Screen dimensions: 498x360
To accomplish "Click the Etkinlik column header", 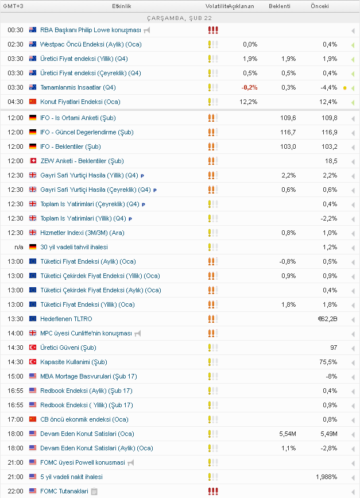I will (x=122, y=6).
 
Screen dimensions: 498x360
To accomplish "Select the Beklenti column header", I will (x=280, y=6).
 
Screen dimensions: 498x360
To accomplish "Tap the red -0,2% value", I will (x=249, y=87).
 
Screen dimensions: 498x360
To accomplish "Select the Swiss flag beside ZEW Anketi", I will (x=33, y=161).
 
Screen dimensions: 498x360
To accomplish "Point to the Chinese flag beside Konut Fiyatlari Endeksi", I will (x=33, y=102).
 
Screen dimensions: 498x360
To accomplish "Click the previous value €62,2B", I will (x=327, y=319).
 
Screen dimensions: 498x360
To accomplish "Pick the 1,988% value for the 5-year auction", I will (x=326, y=477).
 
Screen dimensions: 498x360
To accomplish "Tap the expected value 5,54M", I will (x=287, y=434).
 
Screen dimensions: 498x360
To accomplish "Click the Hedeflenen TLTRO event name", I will (x=66, y=319).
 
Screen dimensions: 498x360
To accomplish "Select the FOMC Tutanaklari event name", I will (x=64, y=491).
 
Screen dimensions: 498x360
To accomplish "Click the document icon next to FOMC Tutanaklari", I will (x=94, y=491).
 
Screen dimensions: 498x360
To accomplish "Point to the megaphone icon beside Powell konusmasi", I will (x=131, y=462).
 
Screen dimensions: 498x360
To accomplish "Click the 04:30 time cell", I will (x=16, y=102).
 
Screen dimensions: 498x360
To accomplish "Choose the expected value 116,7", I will (x=288, y=132).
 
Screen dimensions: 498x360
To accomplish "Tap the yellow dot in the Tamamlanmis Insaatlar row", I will (x=344, y=88).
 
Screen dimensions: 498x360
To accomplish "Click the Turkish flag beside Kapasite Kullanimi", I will (x=33, y=362).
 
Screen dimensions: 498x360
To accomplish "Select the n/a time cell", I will (x=19, y=247).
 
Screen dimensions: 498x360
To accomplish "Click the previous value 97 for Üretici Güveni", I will (x=334, y=348).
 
